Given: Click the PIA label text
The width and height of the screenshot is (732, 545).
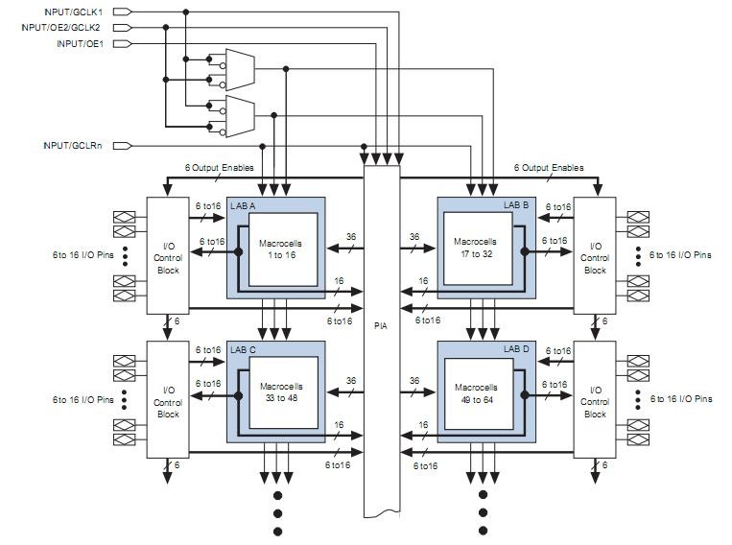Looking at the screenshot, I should coord(381,325).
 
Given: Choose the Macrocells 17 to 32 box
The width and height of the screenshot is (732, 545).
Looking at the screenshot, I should coord(475,249).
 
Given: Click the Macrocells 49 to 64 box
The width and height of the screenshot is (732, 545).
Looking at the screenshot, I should coord(475,393).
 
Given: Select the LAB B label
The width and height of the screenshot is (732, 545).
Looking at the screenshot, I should coord(515,205).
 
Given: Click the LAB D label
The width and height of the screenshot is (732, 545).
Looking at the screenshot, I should coord(515,349).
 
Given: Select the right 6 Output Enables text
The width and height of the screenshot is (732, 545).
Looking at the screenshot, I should coord(548,168).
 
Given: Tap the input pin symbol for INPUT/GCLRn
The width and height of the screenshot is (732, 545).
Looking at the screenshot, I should coord(124,146).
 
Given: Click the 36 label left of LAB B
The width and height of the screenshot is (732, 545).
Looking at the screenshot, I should coord(414,236).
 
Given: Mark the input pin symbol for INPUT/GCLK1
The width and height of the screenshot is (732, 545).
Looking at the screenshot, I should coord(124,12).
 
